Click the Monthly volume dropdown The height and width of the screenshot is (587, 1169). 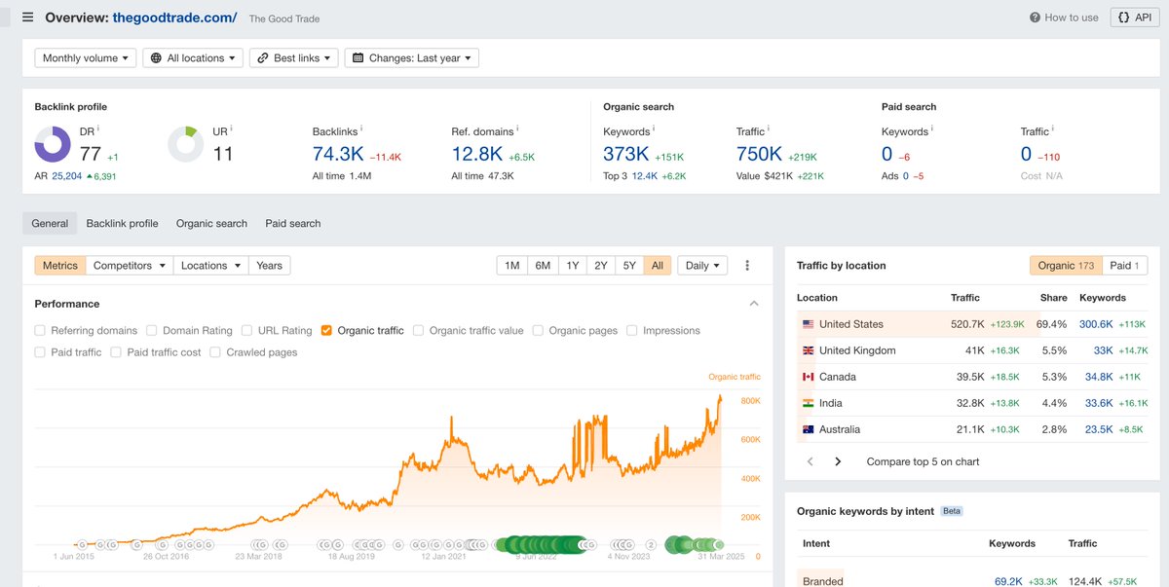click(x=85, y=58)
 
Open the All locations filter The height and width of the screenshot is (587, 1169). click(x=193, y=58)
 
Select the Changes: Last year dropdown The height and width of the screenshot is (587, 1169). click(x=412, y=58)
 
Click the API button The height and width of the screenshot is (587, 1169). click(x=1134, y=18)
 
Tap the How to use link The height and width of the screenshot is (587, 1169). click(x=1064, y=18)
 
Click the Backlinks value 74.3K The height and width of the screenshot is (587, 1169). click(x=337, y=154)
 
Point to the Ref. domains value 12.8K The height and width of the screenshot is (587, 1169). click(x=477, y=154)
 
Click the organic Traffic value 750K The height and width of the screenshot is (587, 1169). click(x=759, y=154)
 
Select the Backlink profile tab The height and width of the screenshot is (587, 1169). click(x=122, y=223)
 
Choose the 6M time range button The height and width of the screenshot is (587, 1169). click(x=543, y=266)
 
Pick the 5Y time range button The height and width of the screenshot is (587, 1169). click(x=629, y=266)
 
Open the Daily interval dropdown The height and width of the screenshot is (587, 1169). click(x=703, y=266)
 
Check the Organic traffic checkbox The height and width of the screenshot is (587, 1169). click(x=327, y=331)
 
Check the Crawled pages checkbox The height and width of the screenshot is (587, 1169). click(x=216, y=352)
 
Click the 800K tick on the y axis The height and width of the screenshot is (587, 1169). click(x=750, y=401)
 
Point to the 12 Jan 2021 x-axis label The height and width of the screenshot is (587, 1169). click(x=443, y=557)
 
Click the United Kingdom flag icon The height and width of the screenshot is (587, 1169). click(x=809, y=350)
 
